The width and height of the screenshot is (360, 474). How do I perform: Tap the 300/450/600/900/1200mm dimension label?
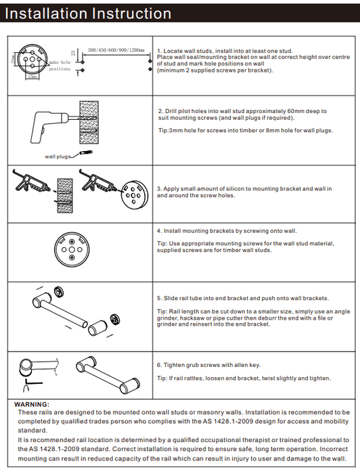coord(116,50)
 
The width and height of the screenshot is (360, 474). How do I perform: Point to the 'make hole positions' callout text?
coord(60,66)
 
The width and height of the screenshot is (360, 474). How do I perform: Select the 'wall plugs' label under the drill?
coord(58,156)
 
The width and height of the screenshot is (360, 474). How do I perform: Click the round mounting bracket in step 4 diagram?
coord(72,249)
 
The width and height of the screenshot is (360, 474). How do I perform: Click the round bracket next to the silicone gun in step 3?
coord(135,195)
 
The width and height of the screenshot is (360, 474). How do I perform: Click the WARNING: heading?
coord(32,404)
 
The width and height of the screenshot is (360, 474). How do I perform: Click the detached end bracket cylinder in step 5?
coord(97,328)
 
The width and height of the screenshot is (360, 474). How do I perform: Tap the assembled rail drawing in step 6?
coord(108,375)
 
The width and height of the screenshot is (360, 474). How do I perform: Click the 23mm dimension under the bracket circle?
coord(32,77)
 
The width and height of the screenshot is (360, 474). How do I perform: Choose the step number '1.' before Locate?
coord(160,51)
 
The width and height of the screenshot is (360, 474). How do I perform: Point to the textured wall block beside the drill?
coord(89,123)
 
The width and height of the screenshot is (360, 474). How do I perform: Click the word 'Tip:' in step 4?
coord(162,244)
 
